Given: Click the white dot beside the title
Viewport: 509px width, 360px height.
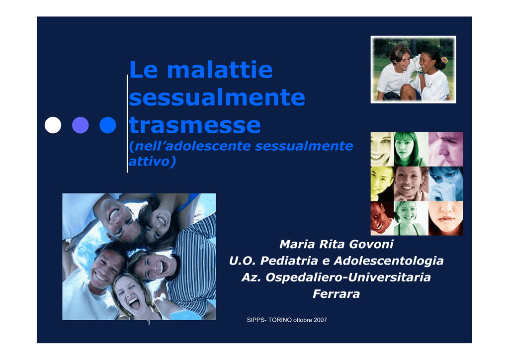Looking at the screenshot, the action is point(53,125).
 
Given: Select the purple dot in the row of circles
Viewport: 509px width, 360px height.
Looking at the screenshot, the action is point(80,125).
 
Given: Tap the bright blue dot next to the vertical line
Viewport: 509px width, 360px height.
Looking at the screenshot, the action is point(108,125).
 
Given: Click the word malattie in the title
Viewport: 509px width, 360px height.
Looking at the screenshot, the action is point(220,70).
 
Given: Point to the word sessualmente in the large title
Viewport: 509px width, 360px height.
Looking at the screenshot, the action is point(217,97).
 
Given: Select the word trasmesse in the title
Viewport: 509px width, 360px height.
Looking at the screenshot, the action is point(195,125).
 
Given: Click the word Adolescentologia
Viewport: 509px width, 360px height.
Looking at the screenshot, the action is point(389,261).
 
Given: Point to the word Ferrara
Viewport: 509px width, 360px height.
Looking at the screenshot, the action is point(337,294).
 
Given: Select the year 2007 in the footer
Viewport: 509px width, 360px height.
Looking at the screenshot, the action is point(320,320).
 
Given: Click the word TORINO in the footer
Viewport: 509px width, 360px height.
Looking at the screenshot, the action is point(280,320).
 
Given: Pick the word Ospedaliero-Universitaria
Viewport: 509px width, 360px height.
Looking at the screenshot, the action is point(348,277).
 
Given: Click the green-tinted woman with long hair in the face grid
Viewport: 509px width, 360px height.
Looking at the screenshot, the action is point(411,149).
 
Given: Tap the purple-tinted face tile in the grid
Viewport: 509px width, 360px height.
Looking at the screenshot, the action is point(446,149).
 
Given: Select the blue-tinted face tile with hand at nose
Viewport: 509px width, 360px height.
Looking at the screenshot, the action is point(446,184).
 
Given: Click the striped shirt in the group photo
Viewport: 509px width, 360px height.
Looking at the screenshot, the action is point(197,263).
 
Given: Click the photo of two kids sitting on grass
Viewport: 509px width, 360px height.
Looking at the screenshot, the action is point(413,70).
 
